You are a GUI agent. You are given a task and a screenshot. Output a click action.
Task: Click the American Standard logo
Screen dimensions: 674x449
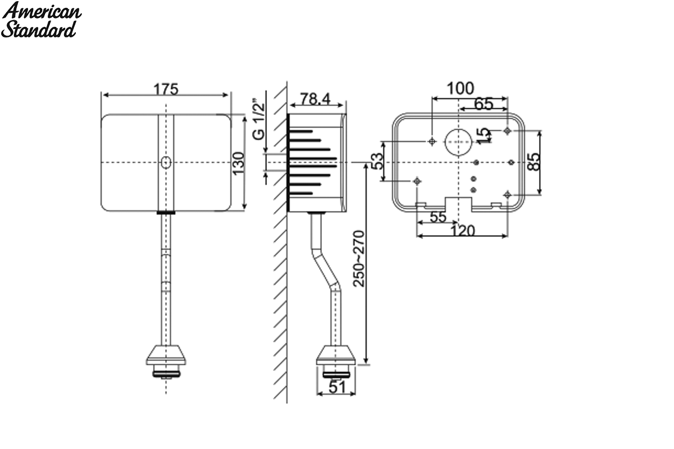(41, 20)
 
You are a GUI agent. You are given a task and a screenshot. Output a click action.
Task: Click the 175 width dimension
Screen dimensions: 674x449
(166, 89)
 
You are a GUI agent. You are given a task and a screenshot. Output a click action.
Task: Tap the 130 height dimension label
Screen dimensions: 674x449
(239, 163)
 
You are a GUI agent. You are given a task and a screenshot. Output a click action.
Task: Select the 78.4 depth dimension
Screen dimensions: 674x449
(315, 99)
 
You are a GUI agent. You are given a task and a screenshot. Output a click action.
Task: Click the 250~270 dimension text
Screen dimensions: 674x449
(359, 259)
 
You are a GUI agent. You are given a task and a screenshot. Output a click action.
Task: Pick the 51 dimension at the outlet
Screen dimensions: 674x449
(337, 387)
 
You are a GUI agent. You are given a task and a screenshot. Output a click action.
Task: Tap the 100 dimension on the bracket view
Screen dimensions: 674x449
(460, 89)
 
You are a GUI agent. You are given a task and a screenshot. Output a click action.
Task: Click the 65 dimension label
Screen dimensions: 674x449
(484, 104)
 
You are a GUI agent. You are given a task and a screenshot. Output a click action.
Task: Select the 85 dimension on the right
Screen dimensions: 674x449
(534, 162)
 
